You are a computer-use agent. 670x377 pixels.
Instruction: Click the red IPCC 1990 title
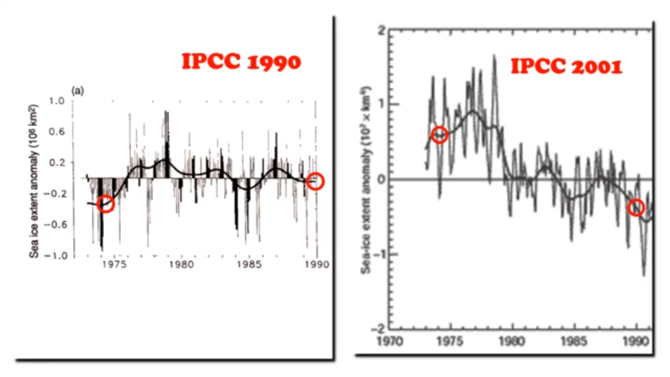click(x=241, y=62)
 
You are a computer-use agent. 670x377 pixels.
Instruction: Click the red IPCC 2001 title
click(x=566, y=66)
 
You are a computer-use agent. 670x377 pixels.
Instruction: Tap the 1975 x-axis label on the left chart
click(x=115, y=264)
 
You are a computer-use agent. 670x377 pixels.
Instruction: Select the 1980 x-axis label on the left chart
click(x=182, y=264)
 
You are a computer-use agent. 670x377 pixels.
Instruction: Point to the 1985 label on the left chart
click(x=249, y=264)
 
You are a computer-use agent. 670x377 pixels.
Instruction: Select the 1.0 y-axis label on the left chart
click(x=57, y=101)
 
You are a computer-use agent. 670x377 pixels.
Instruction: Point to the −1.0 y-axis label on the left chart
click(x=56, y=256)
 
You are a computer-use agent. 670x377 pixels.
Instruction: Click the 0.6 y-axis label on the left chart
click(x=57, y=132)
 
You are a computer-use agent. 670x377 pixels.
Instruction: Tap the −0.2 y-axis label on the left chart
click(x=56, y=194)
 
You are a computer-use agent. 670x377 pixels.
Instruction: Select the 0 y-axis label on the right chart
click(x=381, y=180)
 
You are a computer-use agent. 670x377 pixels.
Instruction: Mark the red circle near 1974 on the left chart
click(x=105, y=204)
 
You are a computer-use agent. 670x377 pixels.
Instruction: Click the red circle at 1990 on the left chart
click(x=315, y=181)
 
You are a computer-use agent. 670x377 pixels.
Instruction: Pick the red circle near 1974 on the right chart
click(x=440, y=135)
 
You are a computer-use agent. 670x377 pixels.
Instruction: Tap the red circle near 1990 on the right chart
click(x=636, y=208)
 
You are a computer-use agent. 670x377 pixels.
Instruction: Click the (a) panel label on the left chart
click(x=78, y=91)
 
